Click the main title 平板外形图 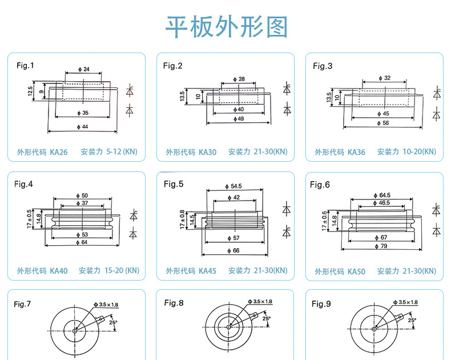click(226, 27)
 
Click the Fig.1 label click(25, 65)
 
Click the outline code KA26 click(58, 153)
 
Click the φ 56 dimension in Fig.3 click(383, 123)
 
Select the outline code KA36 click(356, 153)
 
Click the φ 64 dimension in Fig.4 click(83, 242)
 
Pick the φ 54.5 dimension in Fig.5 click(235, 186)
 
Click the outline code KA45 click(207, 271)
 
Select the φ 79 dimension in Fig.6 click(383, 246)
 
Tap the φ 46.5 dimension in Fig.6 click(383, 202)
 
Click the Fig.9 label click(321, 304)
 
